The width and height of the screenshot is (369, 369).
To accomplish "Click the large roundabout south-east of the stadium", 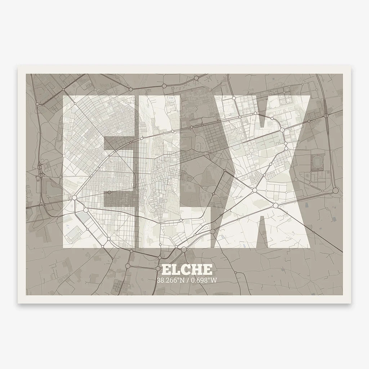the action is pos(335,191).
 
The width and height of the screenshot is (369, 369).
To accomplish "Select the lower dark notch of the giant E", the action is pos(120,199).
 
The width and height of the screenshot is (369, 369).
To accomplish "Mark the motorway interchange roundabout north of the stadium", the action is pos(325,116).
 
